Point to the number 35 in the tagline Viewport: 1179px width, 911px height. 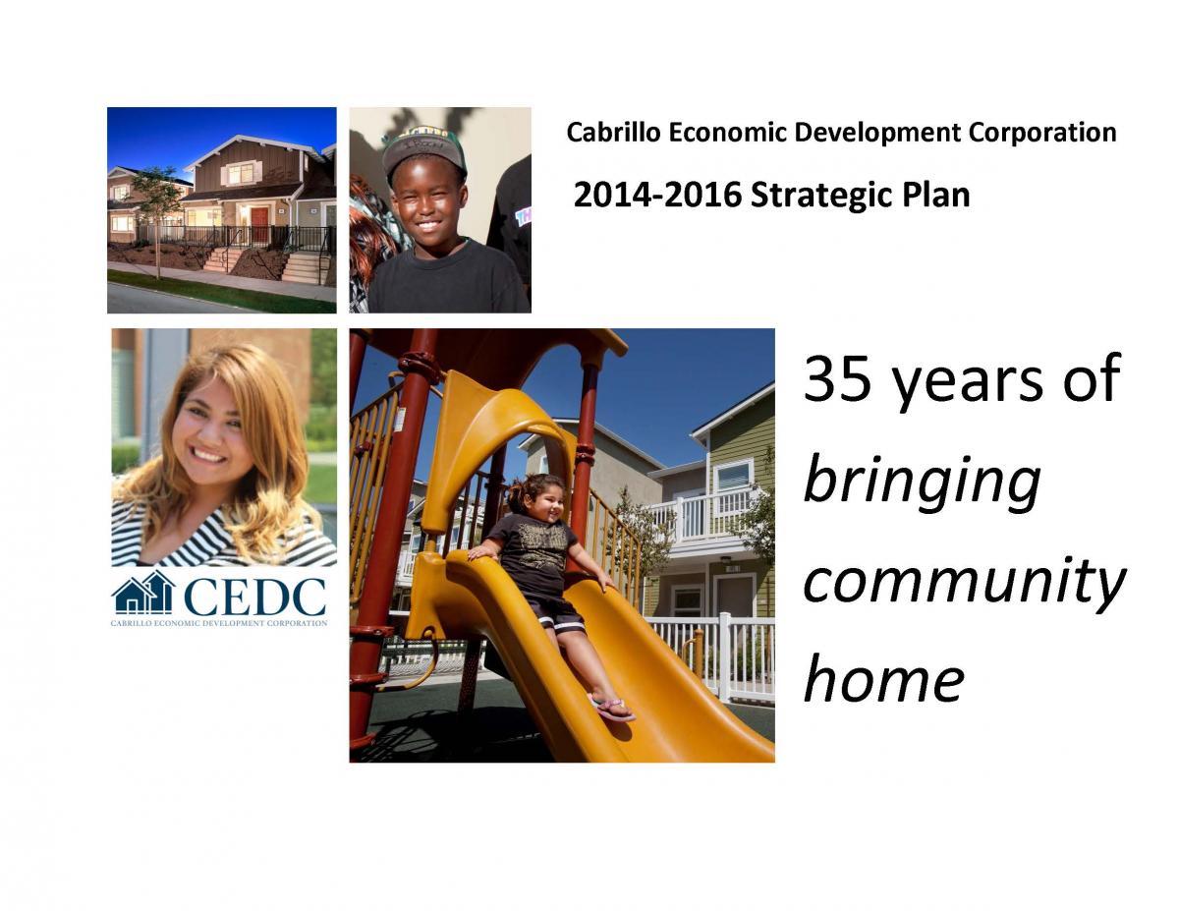click(837, 378)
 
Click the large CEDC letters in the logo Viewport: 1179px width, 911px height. click(253, 596)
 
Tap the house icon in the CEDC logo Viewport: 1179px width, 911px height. click(143, 594)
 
